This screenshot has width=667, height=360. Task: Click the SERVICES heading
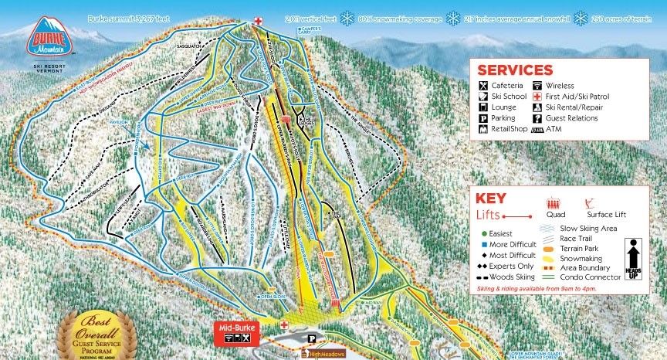[x=515, y=70]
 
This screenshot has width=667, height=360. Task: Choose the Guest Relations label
[x=571, y=118]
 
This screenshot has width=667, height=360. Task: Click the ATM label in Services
[x=554, y=129]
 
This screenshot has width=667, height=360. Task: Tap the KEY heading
[x=492, y=198]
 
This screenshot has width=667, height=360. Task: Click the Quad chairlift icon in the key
[x=555, y=205]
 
